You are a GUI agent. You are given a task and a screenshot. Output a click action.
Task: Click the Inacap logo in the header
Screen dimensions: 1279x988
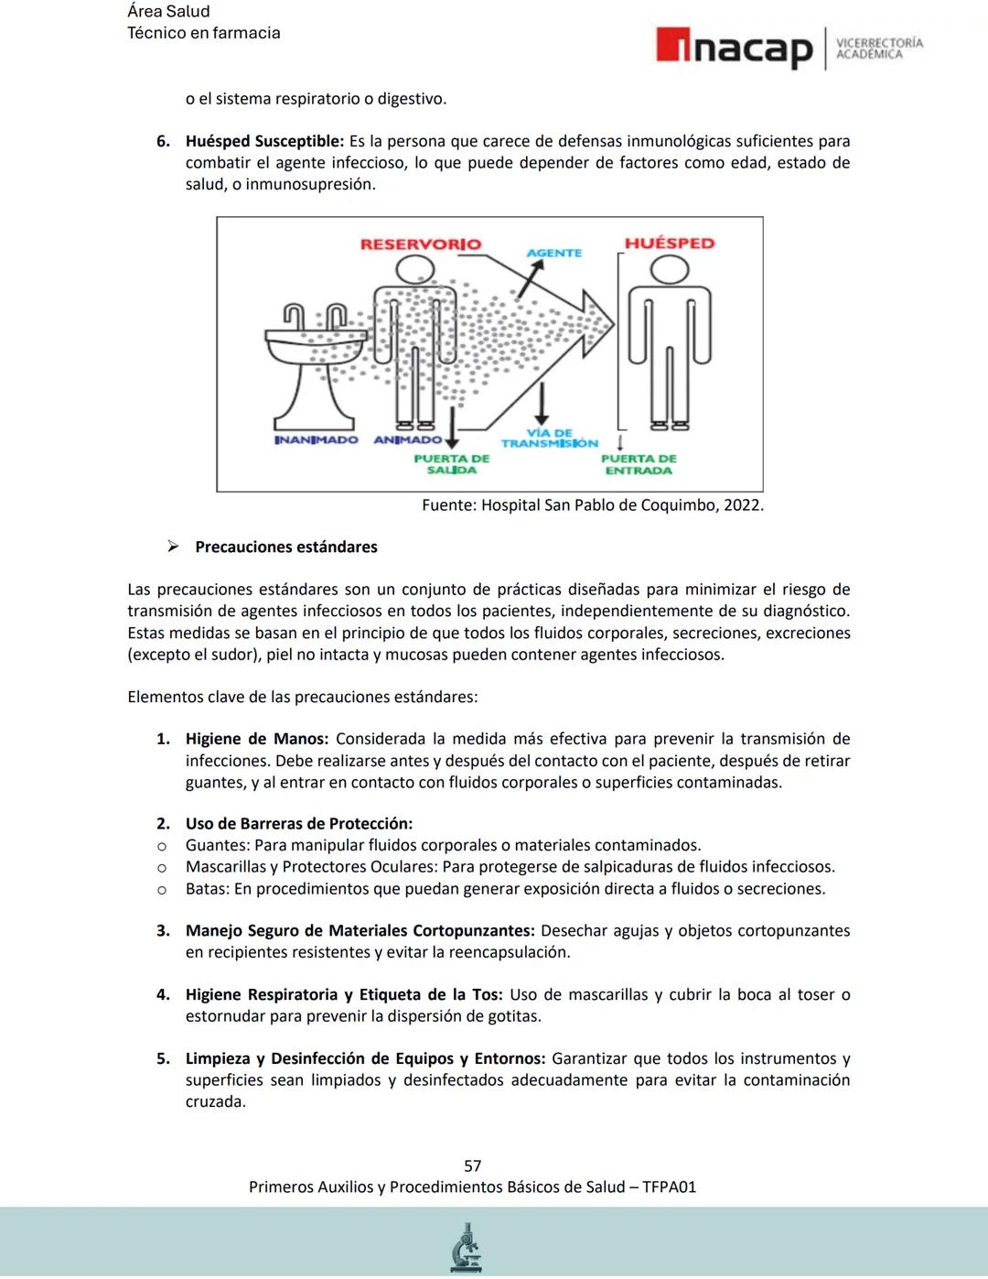point(734,49)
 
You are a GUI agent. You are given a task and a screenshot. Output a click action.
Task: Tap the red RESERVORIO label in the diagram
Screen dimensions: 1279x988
point(420,244)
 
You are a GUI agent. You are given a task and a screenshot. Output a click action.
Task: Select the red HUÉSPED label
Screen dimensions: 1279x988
point(669,244)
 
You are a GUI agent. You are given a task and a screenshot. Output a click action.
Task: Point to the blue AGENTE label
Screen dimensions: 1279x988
point(553,253)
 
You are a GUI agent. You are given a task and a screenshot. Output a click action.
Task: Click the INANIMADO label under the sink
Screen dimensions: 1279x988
point(317,440)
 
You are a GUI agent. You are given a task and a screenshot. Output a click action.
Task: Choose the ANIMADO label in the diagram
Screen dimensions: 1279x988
point(407,440)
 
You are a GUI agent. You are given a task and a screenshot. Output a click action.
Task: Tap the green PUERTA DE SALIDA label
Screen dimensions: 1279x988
point(451,464)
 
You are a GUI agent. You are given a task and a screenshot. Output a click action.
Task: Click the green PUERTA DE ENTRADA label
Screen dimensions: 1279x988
point(639,464)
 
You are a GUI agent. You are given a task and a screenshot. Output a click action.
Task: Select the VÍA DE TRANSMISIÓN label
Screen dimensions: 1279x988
point(550,438)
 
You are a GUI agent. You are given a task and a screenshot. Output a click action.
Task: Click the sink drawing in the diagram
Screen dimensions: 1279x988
point(317,357)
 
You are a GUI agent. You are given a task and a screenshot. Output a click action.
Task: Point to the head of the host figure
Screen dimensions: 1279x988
point(669,269)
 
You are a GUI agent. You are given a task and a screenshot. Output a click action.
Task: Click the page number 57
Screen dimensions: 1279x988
point(472,1165)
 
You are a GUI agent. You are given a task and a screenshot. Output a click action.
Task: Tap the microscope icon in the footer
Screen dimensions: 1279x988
point(467,1248)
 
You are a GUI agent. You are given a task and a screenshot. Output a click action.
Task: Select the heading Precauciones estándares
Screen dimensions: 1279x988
point(285,547)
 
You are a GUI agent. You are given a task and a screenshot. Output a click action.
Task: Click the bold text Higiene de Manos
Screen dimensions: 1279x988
point(256,739)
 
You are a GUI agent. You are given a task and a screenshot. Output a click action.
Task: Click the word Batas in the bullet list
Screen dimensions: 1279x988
point(207,889)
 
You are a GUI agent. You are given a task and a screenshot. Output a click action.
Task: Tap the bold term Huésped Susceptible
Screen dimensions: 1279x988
point(263,141)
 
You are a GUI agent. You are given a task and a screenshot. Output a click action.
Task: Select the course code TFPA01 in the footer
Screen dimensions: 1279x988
point(669,1187)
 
